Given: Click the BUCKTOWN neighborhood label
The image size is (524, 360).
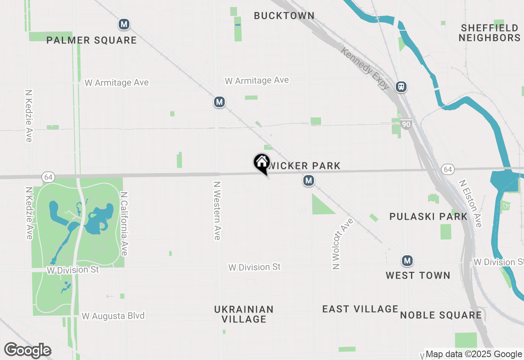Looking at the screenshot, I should [x=284, y=16].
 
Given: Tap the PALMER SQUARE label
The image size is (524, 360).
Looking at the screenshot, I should [x=91, y=40].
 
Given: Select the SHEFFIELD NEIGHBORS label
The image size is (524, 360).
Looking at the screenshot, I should [x=489, y=33].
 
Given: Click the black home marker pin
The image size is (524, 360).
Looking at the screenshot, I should [x=262, y=163].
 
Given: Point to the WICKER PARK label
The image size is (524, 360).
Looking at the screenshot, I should [x=304, y=166].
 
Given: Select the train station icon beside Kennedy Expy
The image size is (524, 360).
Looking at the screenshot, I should [x=401, y=87].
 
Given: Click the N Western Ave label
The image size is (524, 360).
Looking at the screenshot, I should [x=217, y=211].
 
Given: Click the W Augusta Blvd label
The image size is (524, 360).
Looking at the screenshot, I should [x=113, y=316].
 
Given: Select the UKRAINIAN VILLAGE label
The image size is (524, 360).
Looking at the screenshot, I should [x=244, y=314].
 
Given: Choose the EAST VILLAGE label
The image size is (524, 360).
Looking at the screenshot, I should [x=360, y=309].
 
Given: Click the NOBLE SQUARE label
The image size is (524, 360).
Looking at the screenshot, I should [x=441, y=315].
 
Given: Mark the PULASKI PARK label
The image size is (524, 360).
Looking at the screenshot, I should [x=428, y=216].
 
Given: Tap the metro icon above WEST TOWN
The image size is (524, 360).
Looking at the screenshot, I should [x=407, y=261].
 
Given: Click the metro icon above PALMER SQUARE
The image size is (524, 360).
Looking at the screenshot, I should [x=124, y=24].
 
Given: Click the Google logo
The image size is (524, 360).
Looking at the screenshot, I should [x=27, y=350].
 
